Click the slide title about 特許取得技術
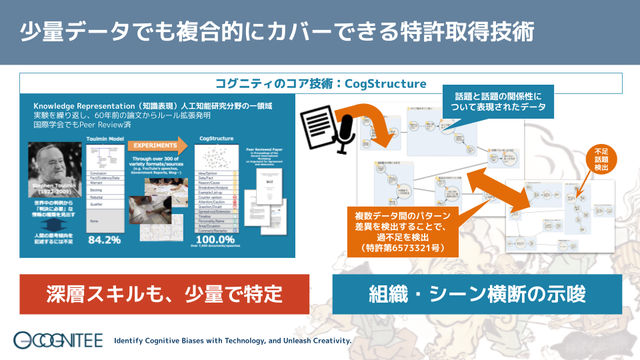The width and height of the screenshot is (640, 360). pyautogui.click(x=277, y=32)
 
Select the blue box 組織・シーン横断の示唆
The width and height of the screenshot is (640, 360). pyautogui.click(x=477, y=293)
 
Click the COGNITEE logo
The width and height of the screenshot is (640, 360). pyautogui.click(x=59, y=340)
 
